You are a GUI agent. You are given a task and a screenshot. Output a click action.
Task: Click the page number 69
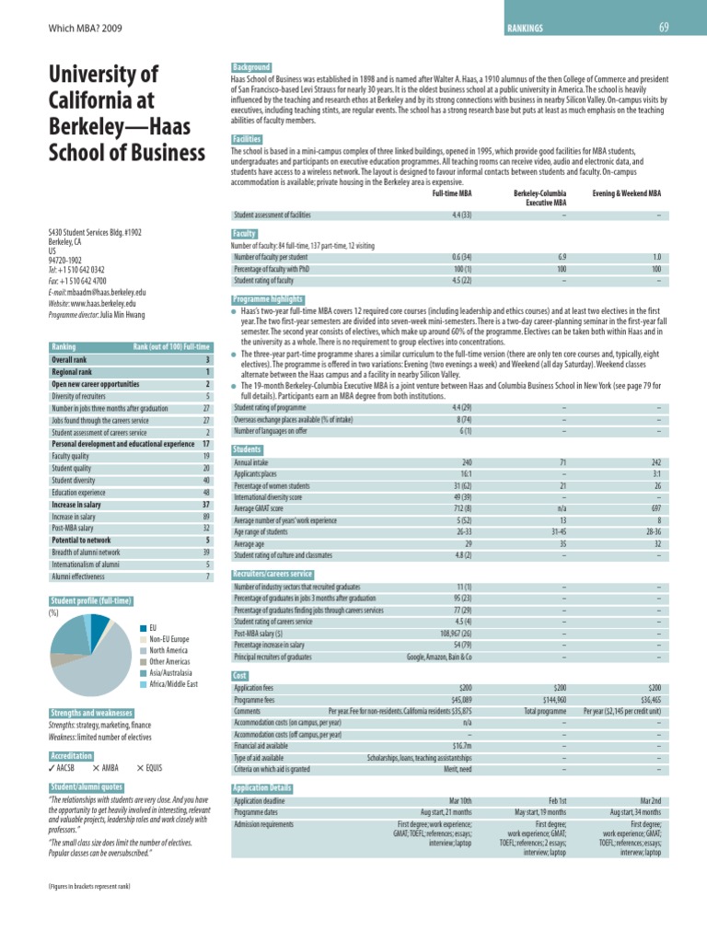[663, 27]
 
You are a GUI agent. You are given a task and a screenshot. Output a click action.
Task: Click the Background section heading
[251, 67]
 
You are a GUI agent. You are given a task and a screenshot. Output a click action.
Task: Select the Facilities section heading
[248, 138]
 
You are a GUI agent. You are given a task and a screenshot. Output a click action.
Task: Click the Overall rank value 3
[209, 360]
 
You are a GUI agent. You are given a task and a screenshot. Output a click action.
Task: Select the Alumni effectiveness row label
[79, 576]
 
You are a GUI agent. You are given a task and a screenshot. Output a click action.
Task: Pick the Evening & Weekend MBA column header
[626, 195]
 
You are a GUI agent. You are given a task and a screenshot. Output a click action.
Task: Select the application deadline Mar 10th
[459, 802]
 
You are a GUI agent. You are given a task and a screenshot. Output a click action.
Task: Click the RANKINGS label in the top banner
[525, 29]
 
